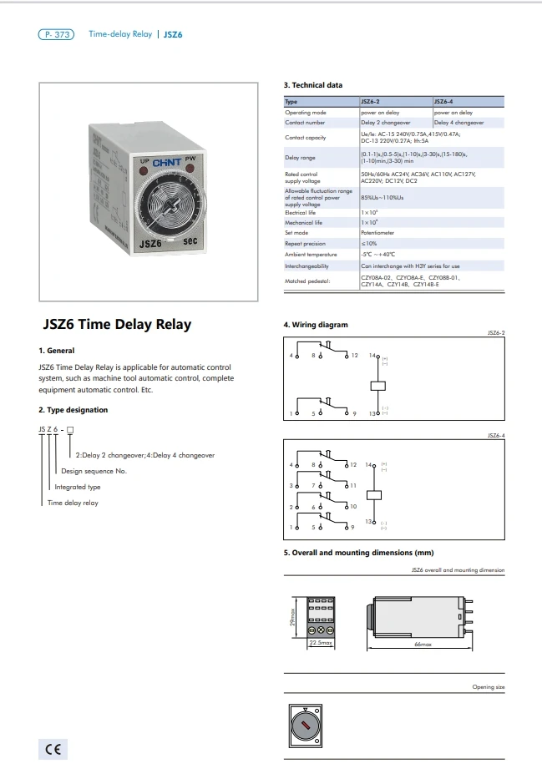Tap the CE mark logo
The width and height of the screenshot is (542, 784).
point(52,749)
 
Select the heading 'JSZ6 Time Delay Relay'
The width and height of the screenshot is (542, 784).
point(117,325)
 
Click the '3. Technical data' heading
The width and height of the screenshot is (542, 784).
point(313,85)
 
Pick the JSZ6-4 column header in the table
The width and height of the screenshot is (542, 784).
point(444,102)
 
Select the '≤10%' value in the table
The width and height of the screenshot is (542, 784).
point(368,243)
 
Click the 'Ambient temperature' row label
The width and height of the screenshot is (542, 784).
point(311,254)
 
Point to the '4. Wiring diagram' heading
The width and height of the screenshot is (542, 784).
point(316,325)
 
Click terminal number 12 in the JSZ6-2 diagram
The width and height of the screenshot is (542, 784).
point(354,356)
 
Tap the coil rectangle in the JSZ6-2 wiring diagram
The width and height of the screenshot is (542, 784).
point(376,385)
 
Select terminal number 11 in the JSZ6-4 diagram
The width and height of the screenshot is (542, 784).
point(354,485)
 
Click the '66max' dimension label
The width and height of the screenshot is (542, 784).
point(423,645)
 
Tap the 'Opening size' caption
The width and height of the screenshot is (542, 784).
point(489,687)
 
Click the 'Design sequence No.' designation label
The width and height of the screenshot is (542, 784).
point(93,471)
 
